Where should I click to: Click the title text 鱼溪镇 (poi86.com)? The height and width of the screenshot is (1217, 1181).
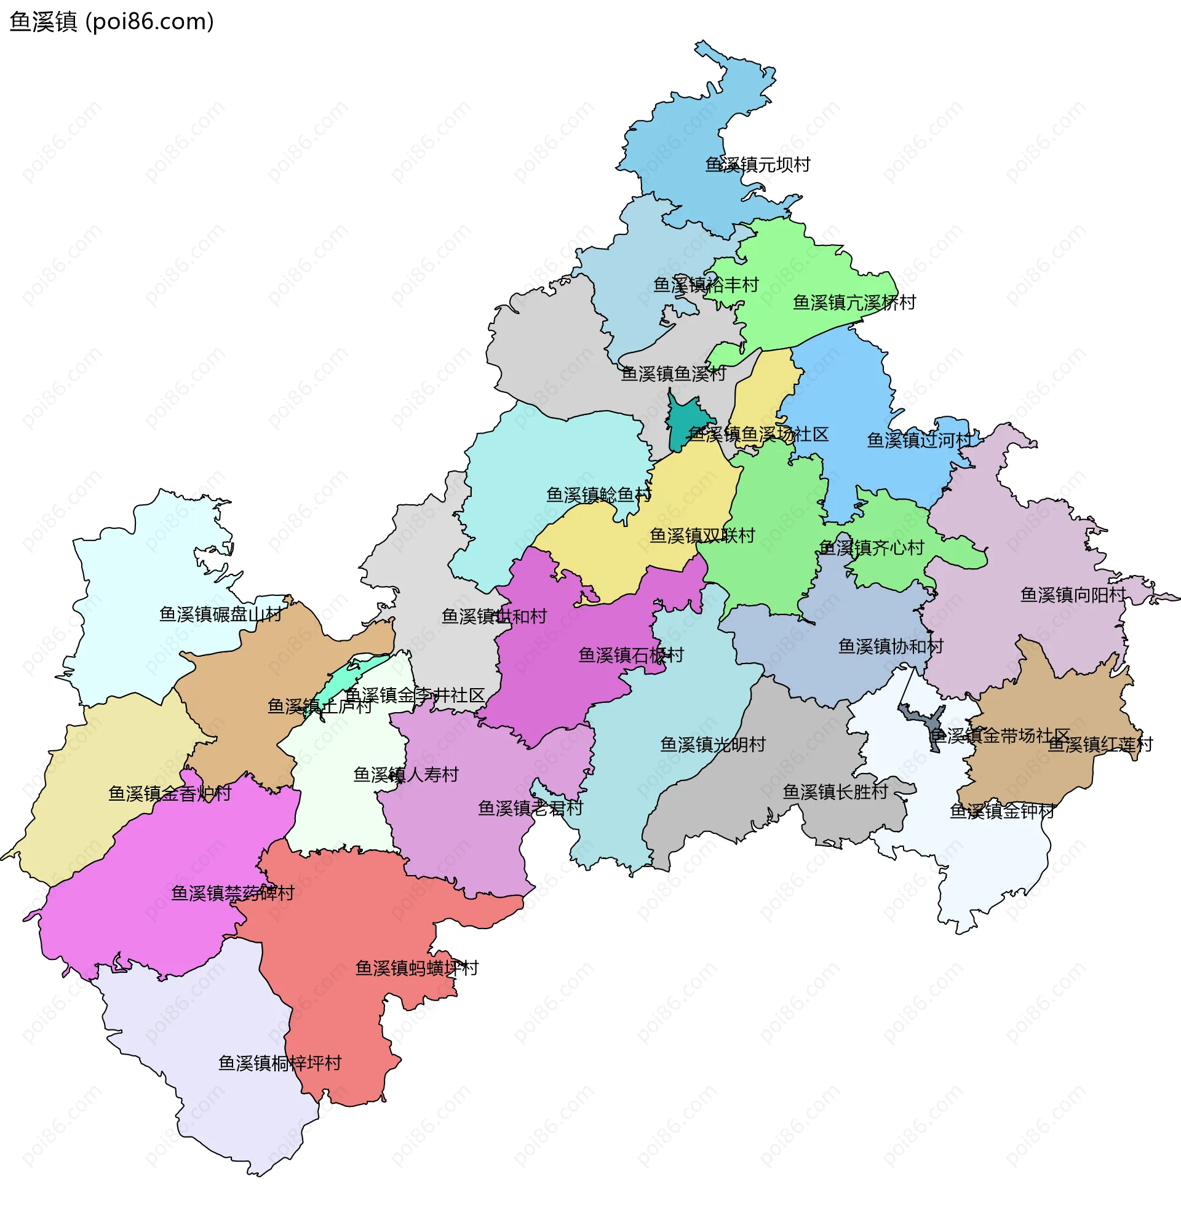[112, 22]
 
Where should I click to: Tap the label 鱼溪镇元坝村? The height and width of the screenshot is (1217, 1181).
[757, 165]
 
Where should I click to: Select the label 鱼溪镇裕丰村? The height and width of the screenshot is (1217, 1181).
[706, 285]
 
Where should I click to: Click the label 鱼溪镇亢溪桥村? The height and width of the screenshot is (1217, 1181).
[854, 303]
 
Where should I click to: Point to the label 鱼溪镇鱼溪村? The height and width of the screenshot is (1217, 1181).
[673, 374]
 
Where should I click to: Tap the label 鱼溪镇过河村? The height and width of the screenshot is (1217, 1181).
[919, 441]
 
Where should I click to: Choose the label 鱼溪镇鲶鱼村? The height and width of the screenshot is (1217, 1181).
[598, 495]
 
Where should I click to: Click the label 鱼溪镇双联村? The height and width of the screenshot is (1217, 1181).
[702, 536]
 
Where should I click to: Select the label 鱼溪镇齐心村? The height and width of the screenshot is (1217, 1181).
[871, 549]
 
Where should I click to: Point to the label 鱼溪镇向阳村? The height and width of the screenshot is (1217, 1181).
[1072, 595]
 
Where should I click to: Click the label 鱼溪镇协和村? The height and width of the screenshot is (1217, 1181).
[891, 647]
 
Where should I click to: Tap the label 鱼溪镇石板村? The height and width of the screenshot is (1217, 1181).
[630, 656]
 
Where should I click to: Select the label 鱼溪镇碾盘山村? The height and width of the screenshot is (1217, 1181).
[220, 615]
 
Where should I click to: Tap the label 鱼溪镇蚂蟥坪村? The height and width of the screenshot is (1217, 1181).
[416, 969]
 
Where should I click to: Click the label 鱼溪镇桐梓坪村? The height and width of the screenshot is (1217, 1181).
[279, 1064]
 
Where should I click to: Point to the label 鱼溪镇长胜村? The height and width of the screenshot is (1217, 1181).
[835, 792]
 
